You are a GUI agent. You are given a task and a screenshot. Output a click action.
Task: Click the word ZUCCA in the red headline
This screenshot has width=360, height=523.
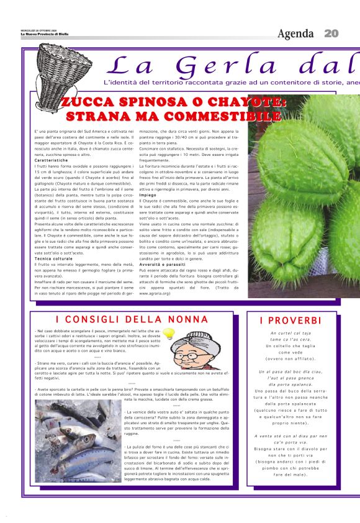[x=88, y=102]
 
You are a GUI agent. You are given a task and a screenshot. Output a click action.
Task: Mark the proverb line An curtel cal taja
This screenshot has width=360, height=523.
[x=290, y=334]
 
